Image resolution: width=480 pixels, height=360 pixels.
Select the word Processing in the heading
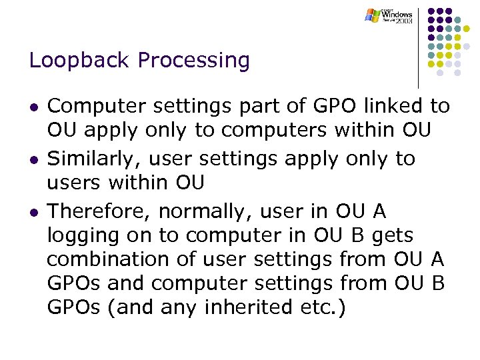tap(193, 61)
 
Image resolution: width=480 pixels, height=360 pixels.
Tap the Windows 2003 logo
tap(389, 16)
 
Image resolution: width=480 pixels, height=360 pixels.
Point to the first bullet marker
tap(33, 107)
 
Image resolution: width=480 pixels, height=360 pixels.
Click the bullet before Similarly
tap(33, 160)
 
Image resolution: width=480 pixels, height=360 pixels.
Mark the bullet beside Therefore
tap(33, 213)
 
